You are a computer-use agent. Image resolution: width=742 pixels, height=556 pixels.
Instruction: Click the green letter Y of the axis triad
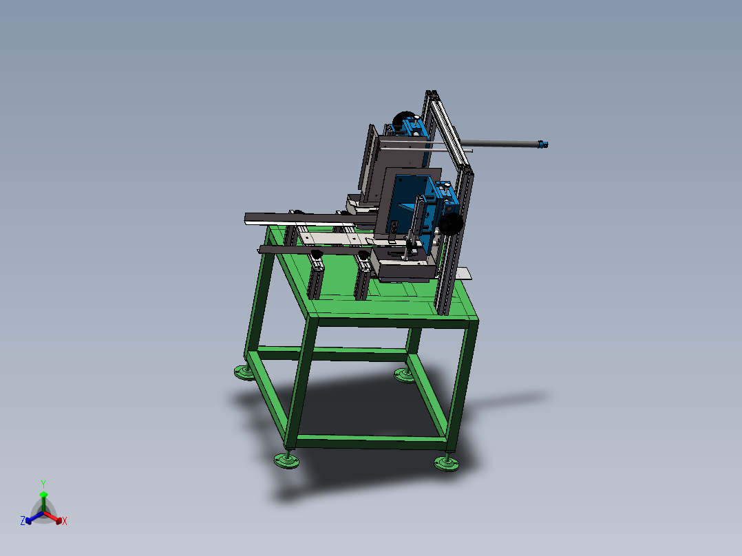point(43,484)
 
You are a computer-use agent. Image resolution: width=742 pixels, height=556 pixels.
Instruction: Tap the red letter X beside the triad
point(65,521)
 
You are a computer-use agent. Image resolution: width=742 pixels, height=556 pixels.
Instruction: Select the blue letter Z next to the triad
point(23,521)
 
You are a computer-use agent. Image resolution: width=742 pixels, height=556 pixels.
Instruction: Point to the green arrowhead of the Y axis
point(43,495)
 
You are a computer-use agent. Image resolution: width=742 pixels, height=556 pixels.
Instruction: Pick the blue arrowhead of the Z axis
point(28,520)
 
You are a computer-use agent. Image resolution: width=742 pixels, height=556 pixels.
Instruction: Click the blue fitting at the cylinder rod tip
point(543,144)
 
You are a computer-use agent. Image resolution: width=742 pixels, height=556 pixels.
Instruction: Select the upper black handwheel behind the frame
point(404,120)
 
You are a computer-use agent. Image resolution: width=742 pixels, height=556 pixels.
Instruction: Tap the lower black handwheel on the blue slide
point(451,224)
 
